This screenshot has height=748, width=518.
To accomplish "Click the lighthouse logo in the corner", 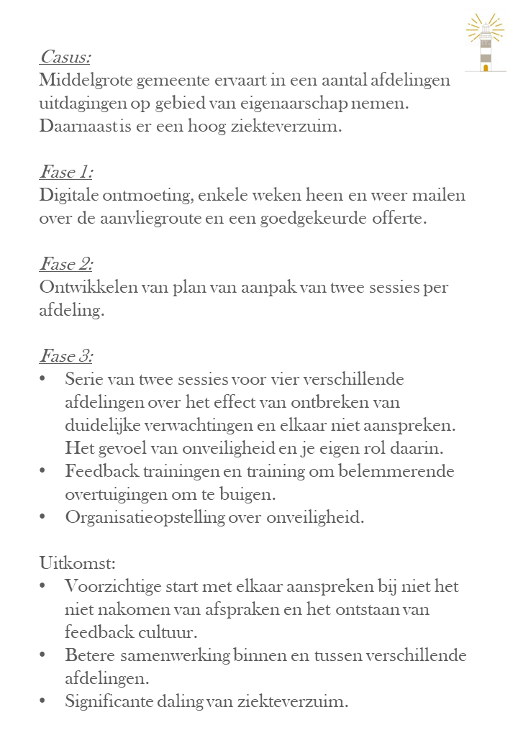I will (486, 43).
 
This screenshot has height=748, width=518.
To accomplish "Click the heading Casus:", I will (65, 57).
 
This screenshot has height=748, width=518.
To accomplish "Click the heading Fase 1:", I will (65, 173).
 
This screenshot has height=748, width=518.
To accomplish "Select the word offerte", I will (400, 219).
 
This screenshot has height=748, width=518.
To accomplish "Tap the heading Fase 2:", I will (66, 265).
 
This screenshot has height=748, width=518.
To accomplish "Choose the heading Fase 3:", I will (66, 357).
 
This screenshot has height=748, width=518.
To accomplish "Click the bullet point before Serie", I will (43, 379).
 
